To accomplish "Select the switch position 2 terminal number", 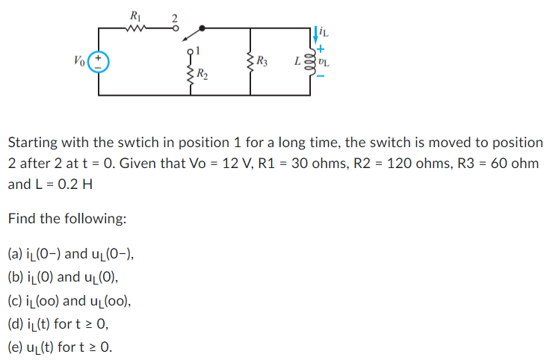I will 176,16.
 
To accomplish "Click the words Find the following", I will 67,219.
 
